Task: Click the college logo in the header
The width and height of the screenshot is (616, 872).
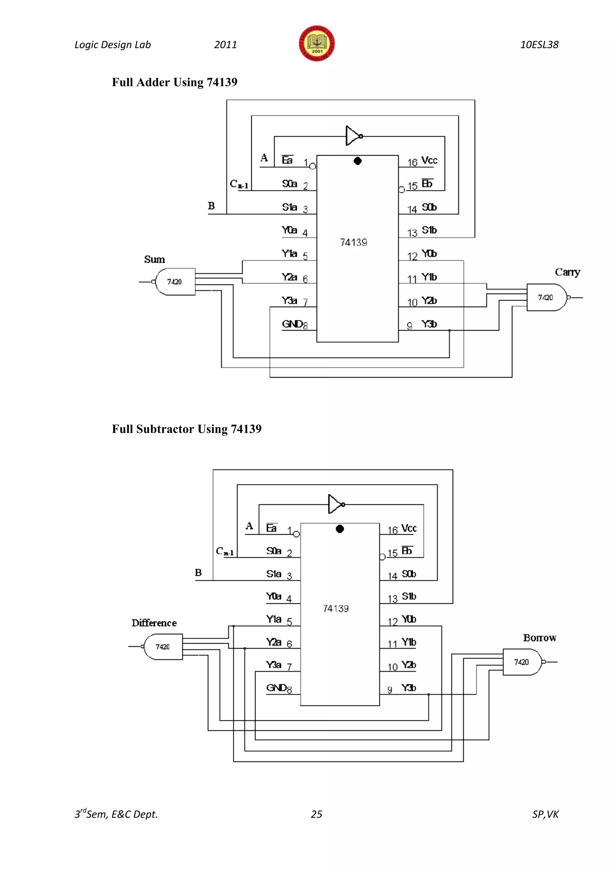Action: click(x=317, y=44)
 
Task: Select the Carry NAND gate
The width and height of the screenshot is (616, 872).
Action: click(x=546, y=297)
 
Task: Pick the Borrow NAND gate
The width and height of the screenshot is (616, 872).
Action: click(x=522, y=662)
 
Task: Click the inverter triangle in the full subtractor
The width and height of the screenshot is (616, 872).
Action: click(x=335, y=504)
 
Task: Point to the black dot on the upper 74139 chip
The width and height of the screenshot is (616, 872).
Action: click(x=357, y=161)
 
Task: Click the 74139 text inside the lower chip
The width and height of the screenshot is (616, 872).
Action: click(x=336, y=609)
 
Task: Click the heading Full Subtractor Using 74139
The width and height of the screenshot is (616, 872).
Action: click(x=186, y=429)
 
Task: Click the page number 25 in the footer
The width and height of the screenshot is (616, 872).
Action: click(x=316, y=814)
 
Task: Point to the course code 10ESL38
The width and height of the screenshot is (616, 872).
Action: click(x=539, y=45)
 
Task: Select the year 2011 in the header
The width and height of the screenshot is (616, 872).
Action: click(x=225, y=45)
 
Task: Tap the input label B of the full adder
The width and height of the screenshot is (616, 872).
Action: click(x=211, y=206)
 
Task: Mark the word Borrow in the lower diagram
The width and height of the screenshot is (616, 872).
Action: click(x=539, y=638)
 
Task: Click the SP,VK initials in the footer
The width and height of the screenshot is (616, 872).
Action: click(x=545, y=814)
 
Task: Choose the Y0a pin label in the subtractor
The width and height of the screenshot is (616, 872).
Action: click(x=273, y=596)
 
